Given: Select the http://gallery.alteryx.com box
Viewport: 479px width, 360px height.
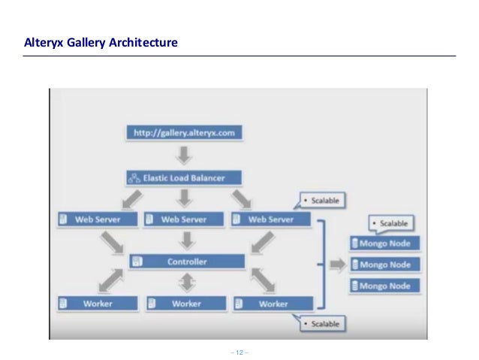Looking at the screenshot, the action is click(184, 133).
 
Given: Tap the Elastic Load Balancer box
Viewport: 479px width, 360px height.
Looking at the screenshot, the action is click(185, 178).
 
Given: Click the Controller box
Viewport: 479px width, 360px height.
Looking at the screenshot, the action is click(187, 262).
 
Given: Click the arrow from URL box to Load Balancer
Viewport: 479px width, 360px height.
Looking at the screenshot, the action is click(185, 156).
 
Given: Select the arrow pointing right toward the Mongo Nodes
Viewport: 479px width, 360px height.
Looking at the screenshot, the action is click(336, 265).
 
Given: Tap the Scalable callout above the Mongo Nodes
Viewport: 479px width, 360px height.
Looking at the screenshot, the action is click(392, 224).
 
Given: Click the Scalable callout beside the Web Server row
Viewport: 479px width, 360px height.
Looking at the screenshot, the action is click(321, 201).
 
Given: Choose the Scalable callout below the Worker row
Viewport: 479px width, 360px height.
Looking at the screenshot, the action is click(321, 324).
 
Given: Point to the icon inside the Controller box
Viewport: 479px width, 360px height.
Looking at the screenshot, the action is click(137, 262).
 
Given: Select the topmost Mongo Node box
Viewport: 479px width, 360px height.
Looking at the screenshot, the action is click(385, 244).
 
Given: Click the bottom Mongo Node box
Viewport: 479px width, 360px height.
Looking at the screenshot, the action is click(385, 286).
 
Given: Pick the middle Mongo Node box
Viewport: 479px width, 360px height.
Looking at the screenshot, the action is click(385, 265).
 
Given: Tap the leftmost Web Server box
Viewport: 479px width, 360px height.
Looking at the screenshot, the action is click(98, 219).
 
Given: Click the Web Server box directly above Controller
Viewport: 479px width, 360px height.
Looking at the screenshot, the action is click(185, 219).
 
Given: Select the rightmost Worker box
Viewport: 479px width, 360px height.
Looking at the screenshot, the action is click(273, 304).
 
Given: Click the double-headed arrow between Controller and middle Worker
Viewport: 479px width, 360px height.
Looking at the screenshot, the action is click(185, 283).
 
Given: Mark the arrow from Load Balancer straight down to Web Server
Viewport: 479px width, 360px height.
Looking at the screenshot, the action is click(185, 198).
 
